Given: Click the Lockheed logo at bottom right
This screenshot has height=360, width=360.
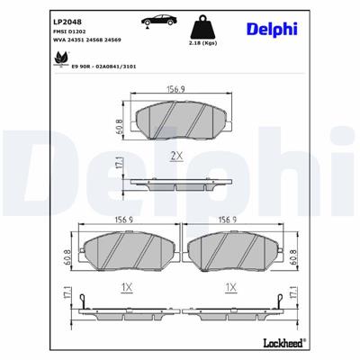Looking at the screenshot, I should click(281, 343).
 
